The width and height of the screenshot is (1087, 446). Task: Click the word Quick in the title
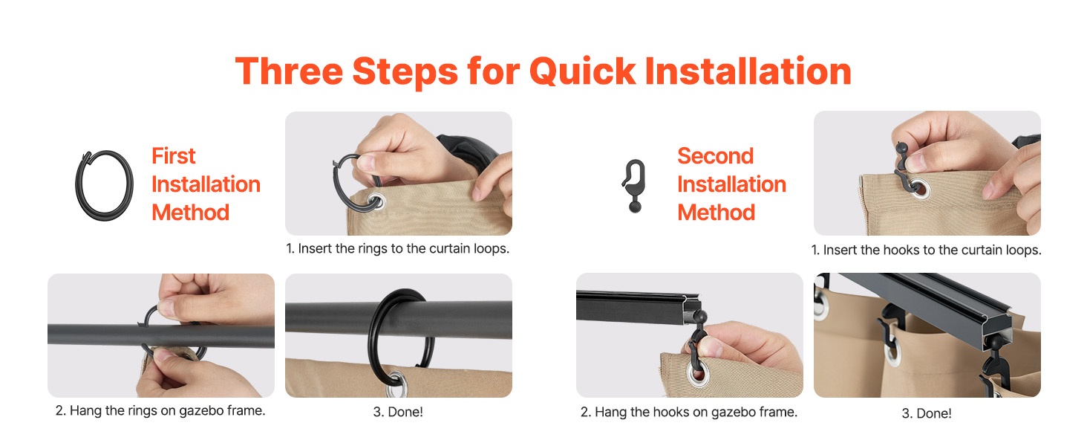(582, 72)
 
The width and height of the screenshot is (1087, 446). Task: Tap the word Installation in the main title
(748, 71)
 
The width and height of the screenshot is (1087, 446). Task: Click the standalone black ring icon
(104, 186)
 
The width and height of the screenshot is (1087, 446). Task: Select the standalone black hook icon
(635, 186)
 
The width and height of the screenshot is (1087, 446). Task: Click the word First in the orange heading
(173, 156)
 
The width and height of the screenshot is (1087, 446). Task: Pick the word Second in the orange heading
(715, 156)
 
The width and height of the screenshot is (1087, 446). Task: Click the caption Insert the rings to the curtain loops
(397, 249)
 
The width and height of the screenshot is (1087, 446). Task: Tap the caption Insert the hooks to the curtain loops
(926, 251)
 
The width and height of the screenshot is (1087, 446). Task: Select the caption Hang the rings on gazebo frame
(160, 411)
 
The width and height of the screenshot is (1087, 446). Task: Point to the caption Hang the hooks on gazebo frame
(689, 413)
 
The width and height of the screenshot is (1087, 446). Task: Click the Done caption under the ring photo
(398, 412)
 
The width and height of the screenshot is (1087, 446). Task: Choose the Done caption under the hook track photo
(927, 413)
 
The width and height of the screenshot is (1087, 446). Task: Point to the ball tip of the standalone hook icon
(635, 207)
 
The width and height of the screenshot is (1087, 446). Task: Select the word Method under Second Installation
(716, 213)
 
